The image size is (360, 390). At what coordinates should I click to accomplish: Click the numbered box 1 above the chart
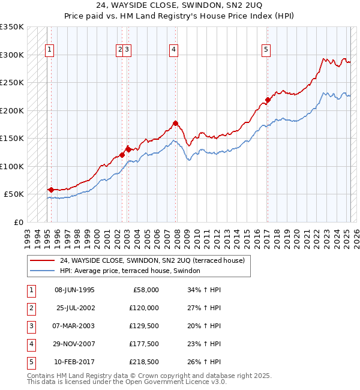click(x=49, y=50)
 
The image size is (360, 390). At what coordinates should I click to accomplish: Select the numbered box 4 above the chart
click(x=173, y=50)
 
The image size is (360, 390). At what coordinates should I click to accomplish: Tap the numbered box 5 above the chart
click(x=266, y=50)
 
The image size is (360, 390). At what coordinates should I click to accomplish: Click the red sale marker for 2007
click(x=176, y=124)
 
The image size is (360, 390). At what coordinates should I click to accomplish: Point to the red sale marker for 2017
click(x=268, y=100)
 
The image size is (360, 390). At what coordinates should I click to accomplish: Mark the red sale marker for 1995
click(x=51, y=190)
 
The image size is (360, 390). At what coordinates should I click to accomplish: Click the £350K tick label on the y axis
click(x=12, y=27)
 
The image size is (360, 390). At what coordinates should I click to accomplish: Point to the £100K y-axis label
click(x=12, y=166)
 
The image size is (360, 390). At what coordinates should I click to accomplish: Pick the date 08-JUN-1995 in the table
click(x=74, y=290)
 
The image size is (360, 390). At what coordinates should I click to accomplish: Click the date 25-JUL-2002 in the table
click(x=75, y=308)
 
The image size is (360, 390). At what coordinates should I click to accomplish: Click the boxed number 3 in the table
click(x=31, y=326)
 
